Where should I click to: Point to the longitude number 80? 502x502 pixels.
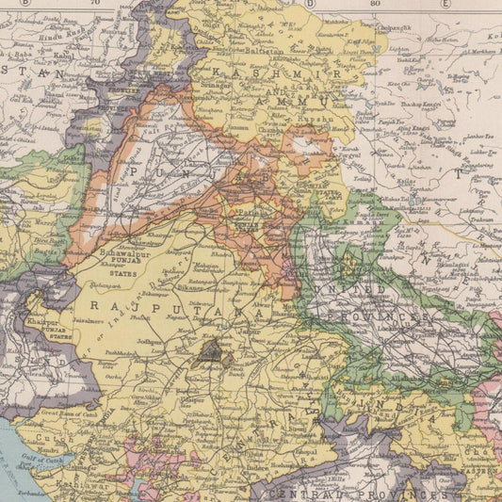pos(376,4)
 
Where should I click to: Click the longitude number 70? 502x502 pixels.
pos(94,4)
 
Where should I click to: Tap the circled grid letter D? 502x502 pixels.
pos(310,3)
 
